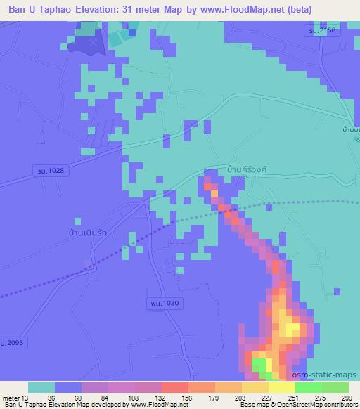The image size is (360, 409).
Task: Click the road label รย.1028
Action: [x=53, y=171]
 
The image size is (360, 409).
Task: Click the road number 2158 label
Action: [x=321, y=32]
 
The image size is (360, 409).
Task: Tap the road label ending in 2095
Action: [x=13, y=343]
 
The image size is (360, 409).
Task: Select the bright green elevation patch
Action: [x=259, y=365]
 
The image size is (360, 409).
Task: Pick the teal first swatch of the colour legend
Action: [x=41, y=387]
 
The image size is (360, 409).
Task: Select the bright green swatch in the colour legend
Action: [x=308, y=387]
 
